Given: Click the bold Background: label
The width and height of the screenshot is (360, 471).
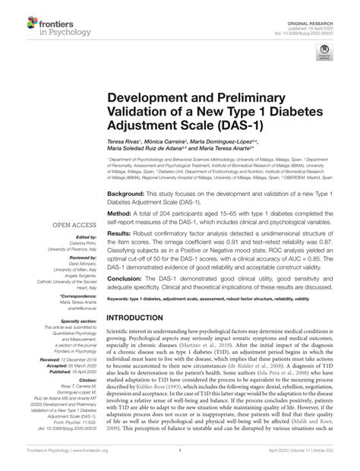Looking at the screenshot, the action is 125,194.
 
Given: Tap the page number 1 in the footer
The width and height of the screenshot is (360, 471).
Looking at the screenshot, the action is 180,460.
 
